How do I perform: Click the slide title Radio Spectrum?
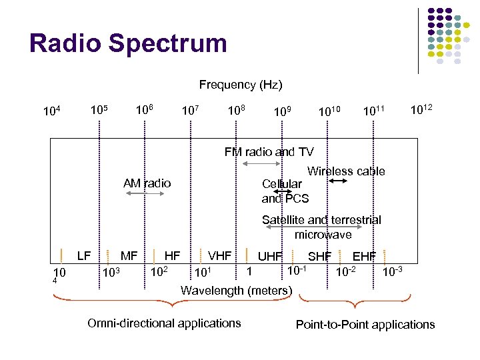tap(128, 43)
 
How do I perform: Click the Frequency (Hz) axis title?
tap(241, 85)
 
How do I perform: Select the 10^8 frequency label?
tap(235, 109)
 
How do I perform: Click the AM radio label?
tap(147, 183)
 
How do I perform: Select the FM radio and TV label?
tap(269, 152)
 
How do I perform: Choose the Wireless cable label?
tap(346, 171)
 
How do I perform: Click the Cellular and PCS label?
tap(285, 191)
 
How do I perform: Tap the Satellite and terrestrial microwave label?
tap(321, 227)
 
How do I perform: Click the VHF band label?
tap(219, 255)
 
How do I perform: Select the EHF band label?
tap(364, 256)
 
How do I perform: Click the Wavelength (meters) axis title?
tap(237, 290)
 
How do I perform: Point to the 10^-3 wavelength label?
tap(391, 272)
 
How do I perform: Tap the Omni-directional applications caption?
tap(164, 323)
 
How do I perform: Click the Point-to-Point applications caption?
tap(365, 325)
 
